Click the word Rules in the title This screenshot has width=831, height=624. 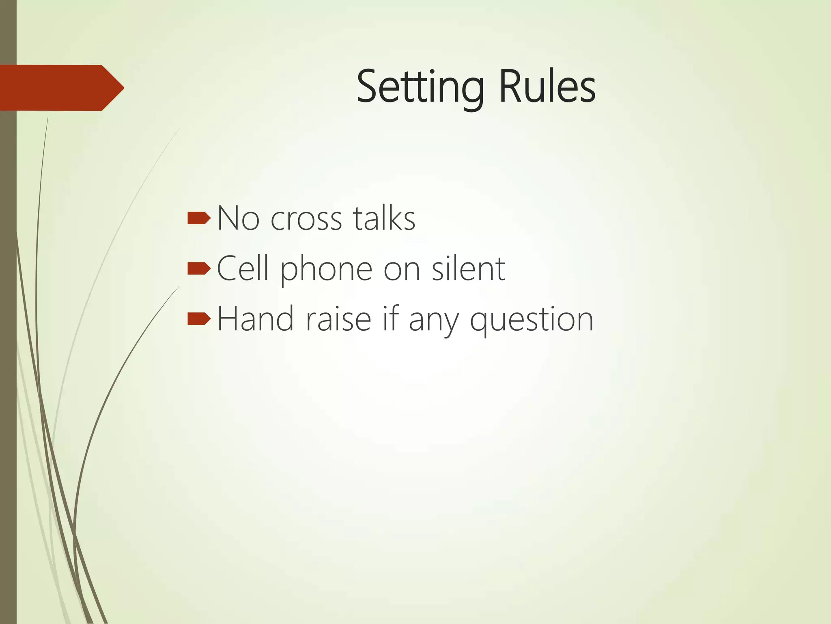[x=547, y=87]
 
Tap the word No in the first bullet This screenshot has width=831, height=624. [x=238, y=219]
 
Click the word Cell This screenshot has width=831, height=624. [x=243, y=269]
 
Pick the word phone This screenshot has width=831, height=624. [x=326, y=270]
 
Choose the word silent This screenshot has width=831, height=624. [x=468, y=269]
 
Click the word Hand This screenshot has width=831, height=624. [x=255, y=319]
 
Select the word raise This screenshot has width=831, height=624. [x=338, y=319]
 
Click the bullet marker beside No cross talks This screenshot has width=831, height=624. [x=199, y=219]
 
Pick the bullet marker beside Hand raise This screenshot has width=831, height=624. [x=199, y=319]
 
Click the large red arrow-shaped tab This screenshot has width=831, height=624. [x=57, y=88]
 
